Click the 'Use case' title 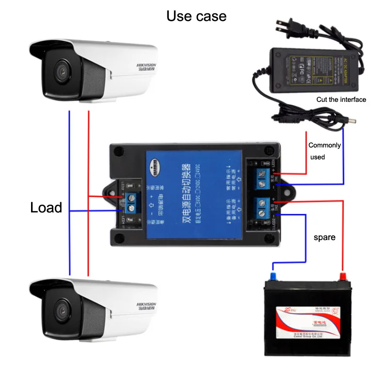coord(196,16)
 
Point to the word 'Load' coord(46,208)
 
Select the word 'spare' coord(324,238)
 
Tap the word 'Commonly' coord(324,145)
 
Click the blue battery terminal coord(273,276)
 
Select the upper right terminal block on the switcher coord(264,178)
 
